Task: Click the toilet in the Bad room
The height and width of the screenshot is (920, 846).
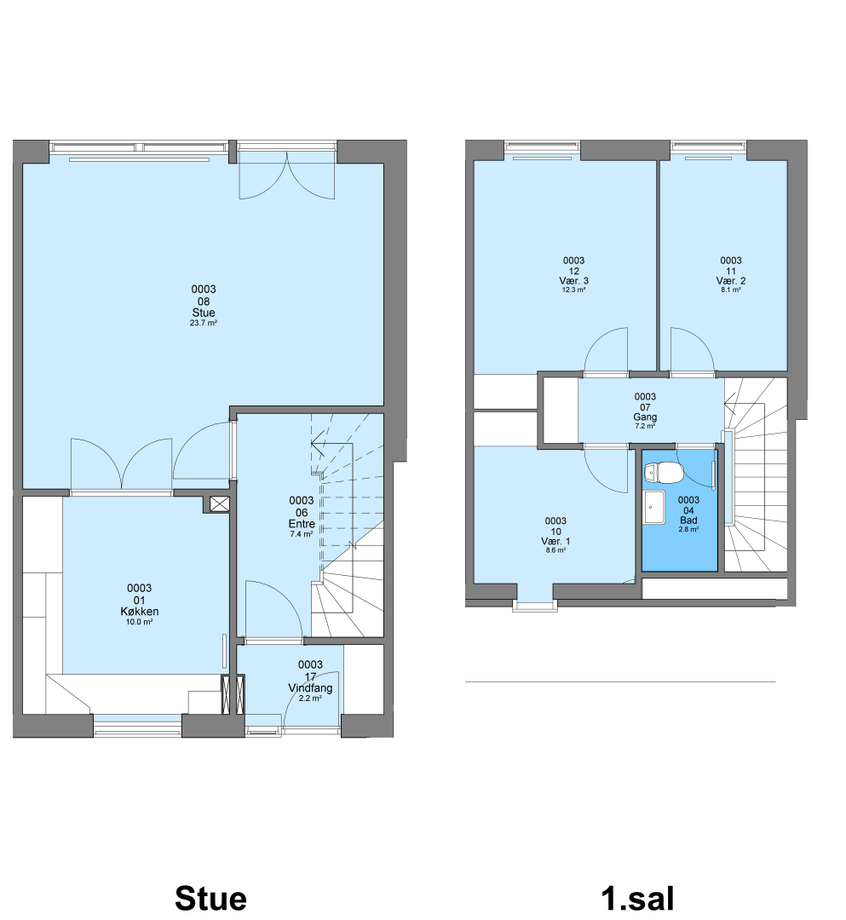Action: point(664,472)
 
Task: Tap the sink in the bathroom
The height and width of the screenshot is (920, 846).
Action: point(654,507)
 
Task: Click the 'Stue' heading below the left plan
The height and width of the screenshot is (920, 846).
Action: point(210,899)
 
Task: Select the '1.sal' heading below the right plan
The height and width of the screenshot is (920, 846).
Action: point(637,899)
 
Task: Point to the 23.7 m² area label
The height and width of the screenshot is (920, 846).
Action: point(204,323)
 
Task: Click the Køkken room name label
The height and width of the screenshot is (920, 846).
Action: point(140,611)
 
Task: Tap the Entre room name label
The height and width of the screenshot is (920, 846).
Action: point(302,523)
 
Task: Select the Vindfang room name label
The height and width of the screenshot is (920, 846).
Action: point(310,687)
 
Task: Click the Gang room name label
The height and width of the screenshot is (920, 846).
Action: point(645,417)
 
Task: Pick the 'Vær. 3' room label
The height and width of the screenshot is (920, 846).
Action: point(573,281)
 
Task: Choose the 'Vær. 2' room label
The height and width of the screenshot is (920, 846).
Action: point(731,281)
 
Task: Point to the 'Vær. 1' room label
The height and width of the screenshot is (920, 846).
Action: point(555,542)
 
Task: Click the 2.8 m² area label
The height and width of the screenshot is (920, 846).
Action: point(688,529)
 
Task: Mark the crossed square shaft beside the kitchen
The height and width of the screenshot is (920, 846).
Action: point(220,503)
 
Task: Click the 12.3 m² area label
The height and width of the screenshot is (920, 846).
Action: point(573,290)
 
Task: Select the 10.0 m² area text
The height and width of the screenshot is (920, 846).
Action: point(140,622)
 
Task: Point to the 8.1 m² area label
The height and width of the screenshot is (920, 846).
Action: point(731,290)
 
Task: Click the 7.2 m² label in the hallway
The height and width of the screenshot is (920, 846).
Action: point(645,426)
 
